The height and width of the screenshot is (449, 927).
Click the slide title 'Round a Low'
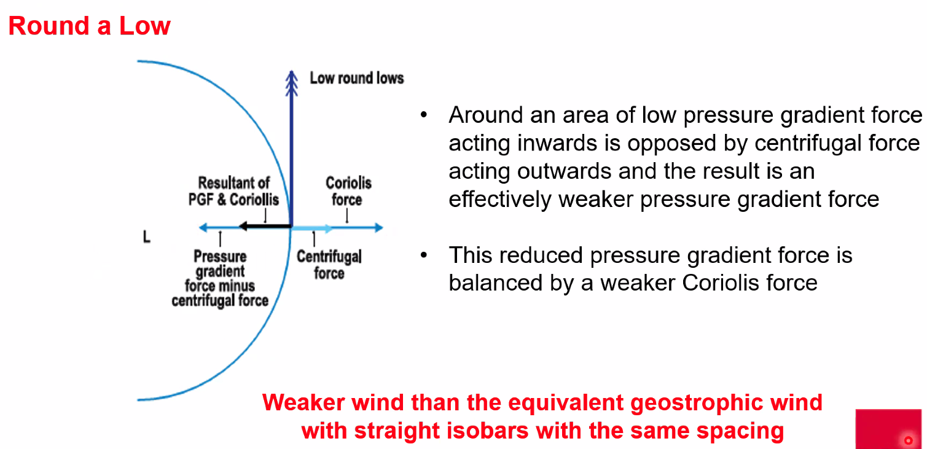(x=89, y=26)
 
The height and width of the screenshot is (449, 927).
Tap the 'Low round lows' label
(x=356, y=79)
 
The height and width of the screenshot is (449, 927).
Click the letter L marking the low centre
(x=146, y=237)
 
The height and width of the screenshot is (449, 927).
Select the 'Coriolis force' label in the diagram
(x=348, y=191)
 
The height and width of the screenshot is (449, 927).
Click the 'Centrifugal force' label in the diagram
(x=329, y=264)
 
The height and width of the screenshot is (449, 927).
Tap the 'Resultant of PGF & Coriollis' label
(x=233, y=191)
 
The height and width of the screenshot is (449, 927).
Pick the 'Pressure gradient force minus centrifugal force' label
(x=220, y=278)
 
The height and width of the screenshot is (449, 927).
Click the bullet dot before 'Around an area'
(x=423, y=115)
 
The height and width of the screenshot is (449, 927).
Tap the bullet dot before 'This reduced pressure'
(x=423, y=256)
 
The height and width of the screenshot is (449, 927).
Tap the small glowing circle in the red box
(x=908, y=440)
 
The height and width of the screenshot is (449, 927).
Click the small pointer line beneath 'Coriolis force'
(x=346, y=215)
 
